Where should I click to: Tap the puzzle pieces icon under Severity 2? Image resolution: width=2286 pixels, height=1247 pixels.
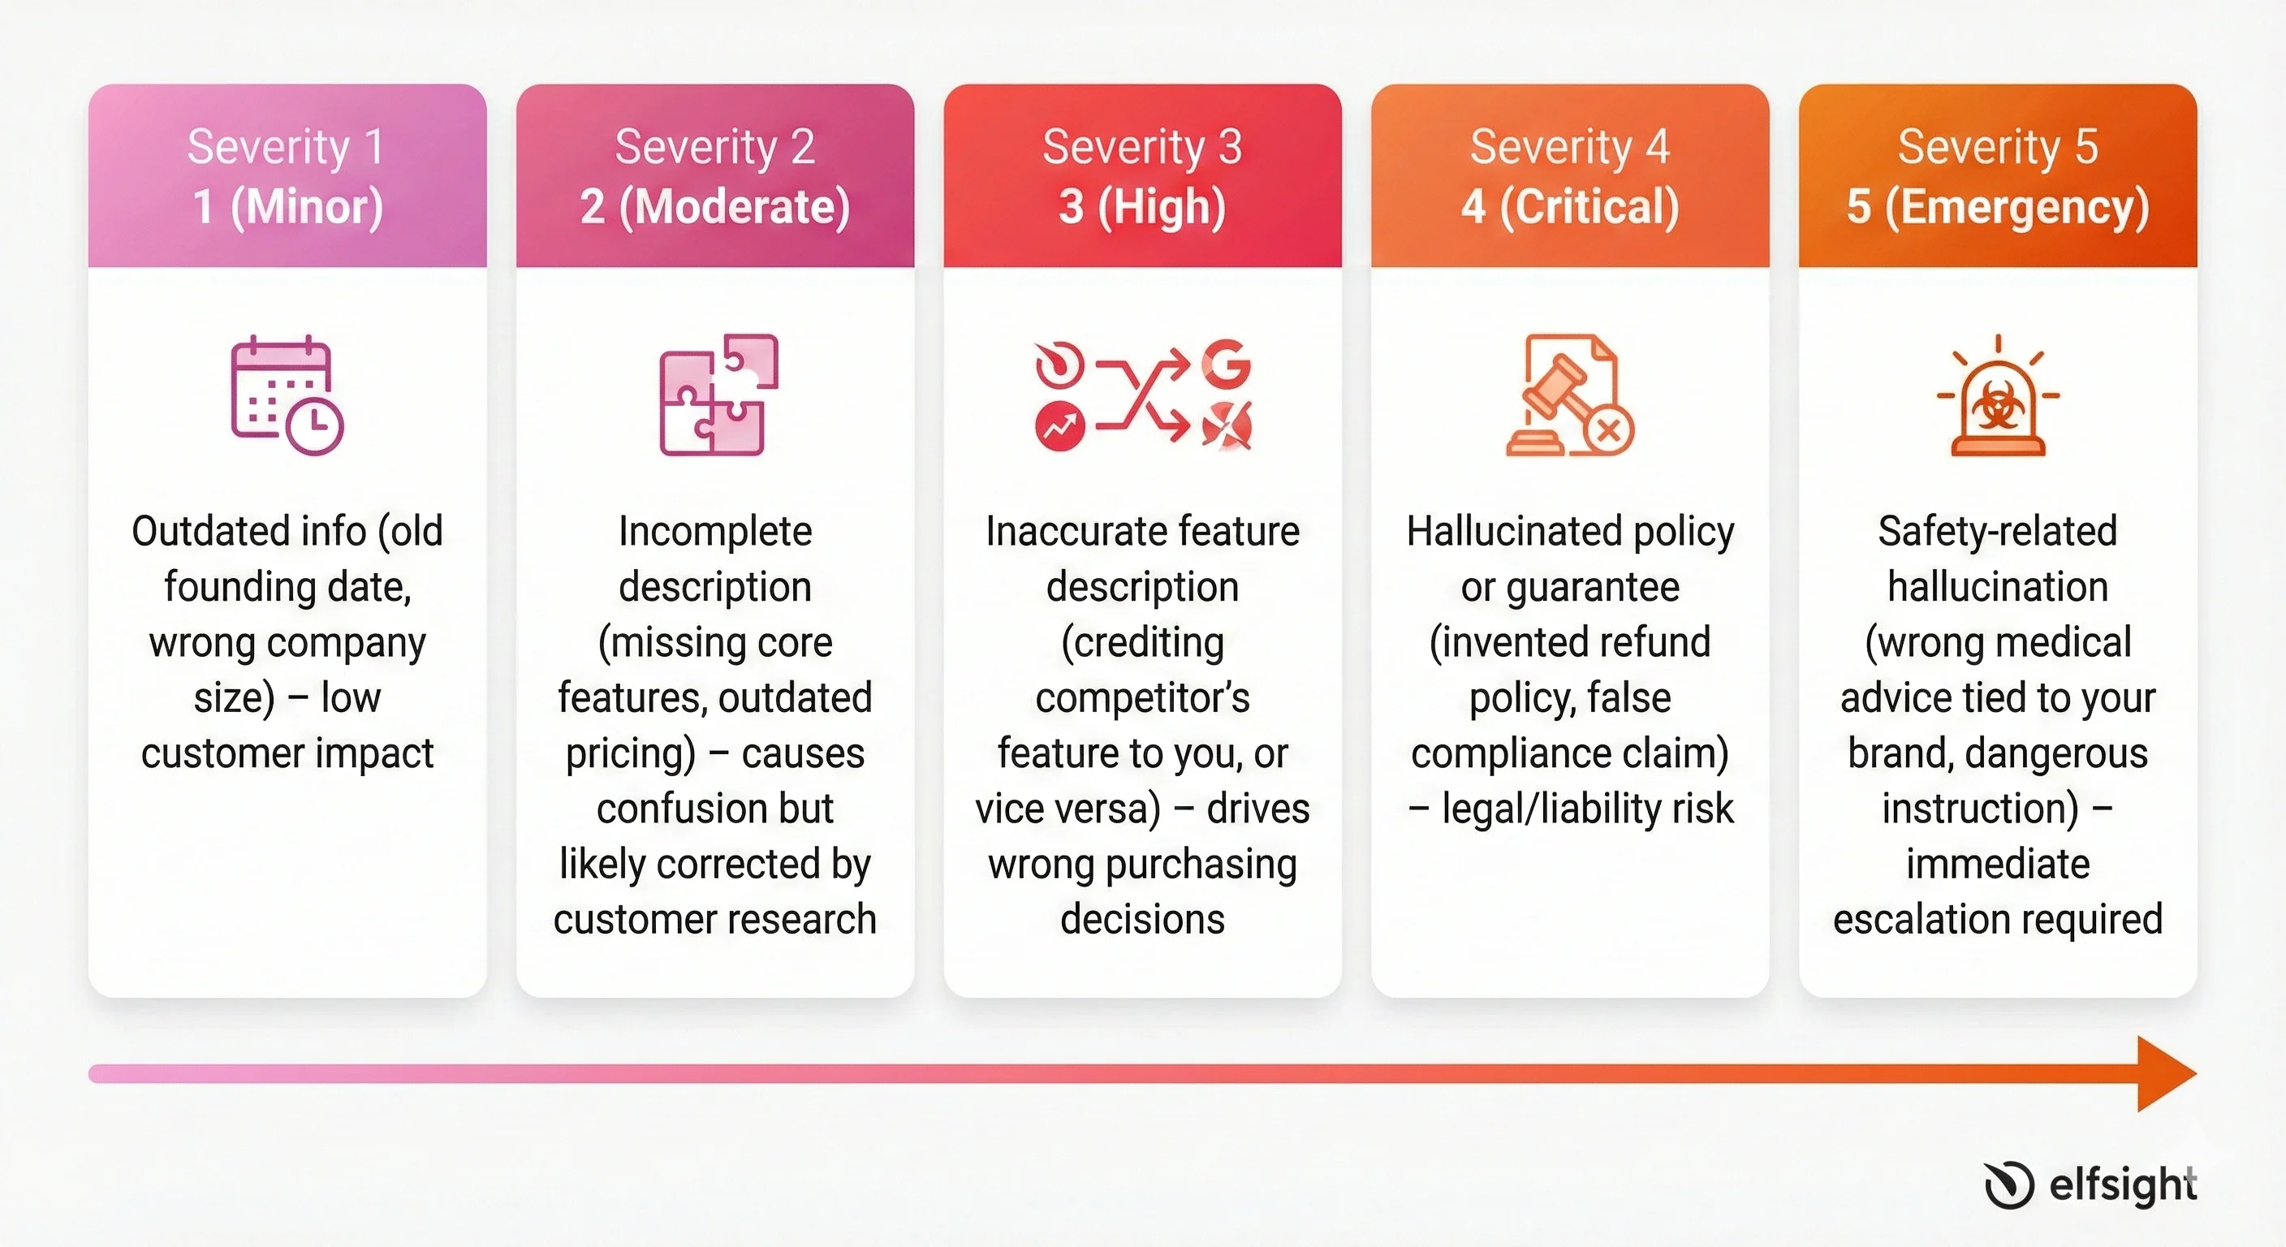pos(717,394)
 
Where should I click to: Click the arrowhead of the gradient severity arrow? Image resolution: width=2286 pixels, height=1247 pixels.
pos(2165,1073)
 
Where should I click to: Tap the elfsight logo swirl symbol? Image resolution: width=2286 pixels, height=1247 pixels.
pos(2008,1184)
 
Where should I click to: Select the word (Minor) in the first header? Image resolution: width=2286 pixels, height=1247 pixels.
pos(307,207)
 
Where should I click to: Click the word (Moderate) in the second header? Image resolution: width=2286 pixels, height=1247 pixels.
pos(735,207)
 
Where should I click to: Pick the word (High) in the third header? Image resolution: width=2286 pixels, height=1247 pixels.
pos(1162,207)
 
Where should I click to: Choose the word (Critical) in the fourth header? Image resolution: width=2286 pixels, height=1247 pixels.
pos(1589,207)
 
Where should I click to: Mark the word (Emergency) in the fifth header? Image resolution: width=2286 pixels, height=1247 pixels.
pos(2017,207)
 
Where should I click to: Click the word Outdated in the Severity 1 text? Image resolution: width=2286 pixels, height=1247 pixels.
pos(192,531)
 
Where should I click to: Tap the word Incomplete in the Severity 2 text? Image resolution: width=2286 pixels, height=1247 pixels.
pos(715,531)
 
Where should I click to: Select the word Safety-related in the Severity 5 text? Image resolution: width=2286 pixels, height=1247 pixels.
pos(1998,531)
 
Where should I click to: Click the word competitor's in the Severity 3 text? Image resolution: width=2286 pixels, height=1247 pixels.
pos(1142,697)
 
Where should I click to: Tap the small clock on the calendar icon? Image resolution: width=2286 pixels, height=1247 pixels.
pos(315,427)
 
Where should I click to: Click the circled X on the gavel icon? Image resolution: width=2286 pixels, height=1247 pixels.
pos(1608,432)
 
